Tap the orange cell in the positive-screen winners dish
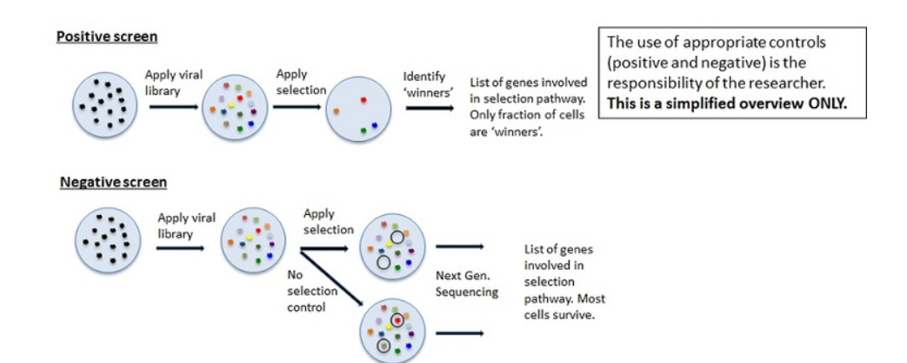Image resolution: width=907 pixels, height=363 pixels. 336,111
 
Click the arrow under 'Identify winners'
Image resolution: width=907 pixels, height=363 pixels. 429,110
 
